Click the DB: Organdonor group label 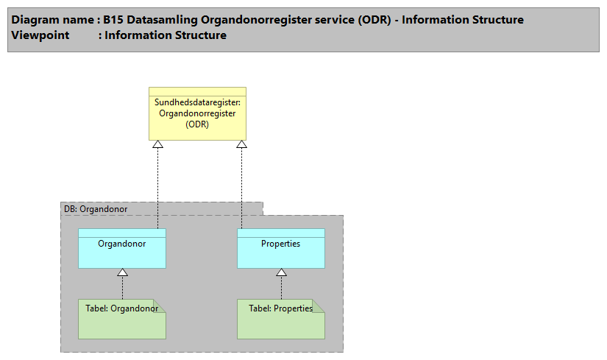click(96, 209)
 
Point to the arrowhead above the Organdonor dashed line click(157, 144)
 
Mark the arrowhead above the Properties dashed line click(241, 144)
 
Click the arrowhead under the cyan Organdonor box click(123, 273)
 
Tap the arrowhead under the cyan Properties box click(281, 273)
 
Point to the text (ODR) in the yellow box click(197, 124)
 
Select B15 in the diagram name click(113, 20)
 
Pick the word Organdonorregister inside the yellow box click(197, 113)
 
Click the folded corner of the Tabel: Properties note click(318, 305)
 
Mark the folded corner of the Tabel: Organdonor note click(160, 305)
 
